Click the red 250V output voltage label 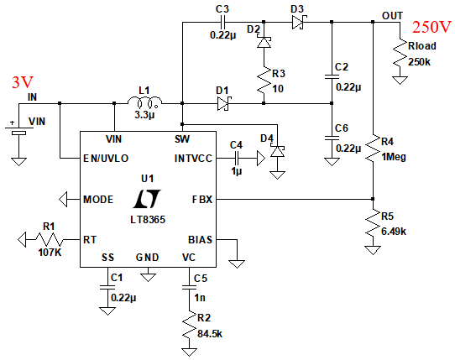[x=431, y=27]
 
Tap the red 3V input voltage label [x=23, y=82]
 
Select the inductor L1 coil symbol [x=144, y=102]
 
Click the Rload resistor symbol [x=400, y=54]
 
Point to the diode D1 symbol [x=224, y=103]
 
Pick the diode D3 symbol [x=299, y=22]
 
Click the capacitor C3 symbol [x=222, y=22]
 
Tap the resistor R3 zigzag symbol [x=264, y=81]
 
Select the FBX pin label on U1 [x=202, y=200]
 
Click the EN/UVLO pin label [x=106, y=159]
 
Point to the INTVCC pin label [x=193, y=159]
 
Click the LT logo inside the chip [x=147, y=199]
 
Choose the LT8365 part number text [x=148, y=220]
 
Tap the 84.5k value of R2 [x=210, y=334]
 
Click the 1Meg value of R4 [x=394, y=157]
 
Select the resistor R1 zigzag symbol [x=49, y=240]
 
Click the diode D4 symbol [x=277, y=150]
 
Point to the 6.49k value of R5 [x=394, y=232]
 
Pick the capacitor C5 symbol [x=189, y=287]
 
